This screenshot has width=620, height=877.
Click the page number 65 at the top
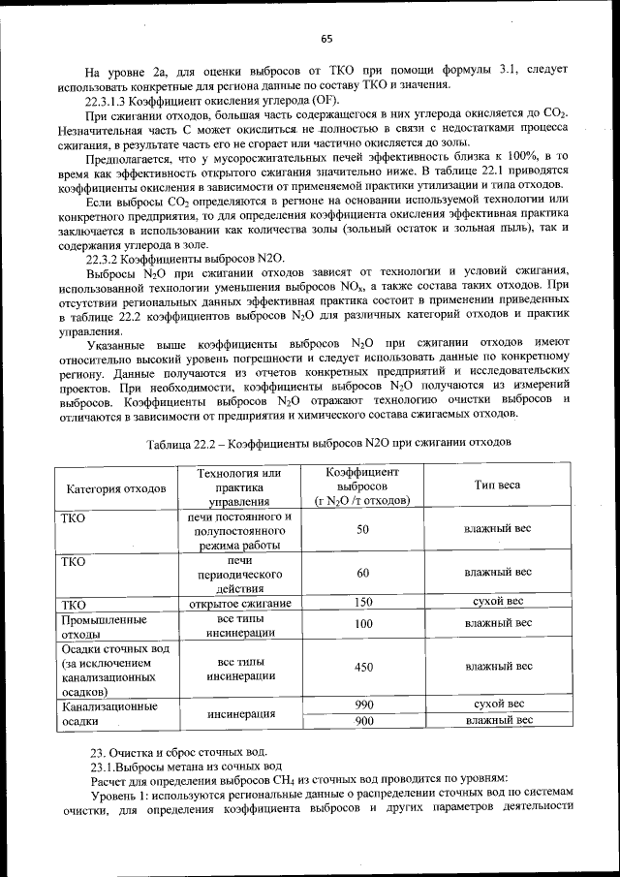[326, 39]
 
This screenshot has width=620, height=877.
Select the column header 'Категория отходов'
[116, 486]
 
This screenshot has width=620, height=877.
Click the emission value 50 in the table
[363, 530]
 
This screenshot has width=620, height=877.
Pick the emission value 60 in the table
[363, 573]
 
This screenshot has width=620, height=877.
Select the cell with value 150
[363, 602]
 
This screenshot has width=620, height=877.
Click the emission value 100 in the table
[363, 625]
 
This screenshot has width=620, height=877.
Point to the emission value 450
[363, 667]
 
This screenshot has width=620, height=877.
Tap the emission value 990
[363, 705]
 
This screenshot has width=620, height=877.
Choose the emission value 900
[363, 721]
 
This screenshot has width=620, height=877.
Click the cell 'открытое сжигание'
[240, 604]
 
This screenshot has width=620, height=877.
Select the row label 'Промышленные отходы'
[104, 625]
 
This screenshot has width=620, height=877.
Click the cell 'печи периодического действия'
[240, 574]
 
